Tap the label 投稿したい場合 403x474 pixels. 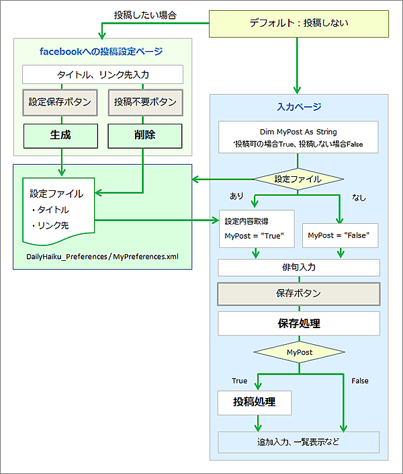(145, 13)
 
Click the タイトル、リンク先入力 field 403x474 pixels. (103, 74)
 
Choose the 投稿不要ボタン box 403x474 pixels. (145, 102)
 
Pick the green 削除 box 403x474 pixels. (145, 135)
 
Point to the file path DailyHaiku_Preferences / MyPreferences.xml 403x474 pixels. (103, 257)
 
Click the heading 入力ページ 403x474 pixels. (299, 106)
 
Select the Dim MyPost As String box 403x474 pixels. (299, 137)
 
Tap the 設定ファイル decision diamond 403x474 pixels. (298, 179)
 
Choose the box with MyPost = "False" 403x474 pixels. (341, 236)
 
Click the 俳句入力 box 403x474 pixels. (299, 268)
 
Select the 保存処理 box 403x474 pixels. (299, 323)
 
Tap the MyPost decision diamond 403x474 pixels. (299, 352)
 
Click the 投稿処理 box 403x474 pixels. (254, 403)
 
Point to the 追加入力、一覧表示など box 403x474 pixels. (299, 442)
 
